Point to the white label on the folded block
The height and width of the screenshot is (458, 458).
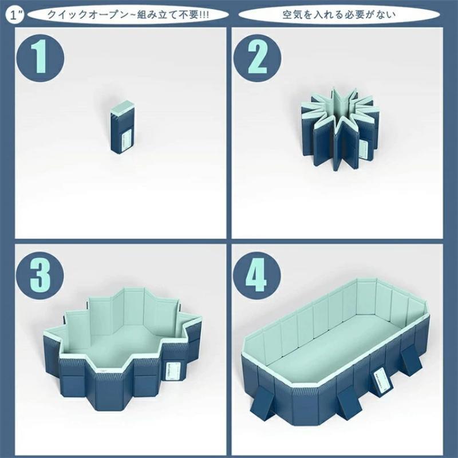[x=127, y=140]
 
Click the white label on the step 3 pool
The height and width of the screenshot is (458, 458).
[x=172, y=371]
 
